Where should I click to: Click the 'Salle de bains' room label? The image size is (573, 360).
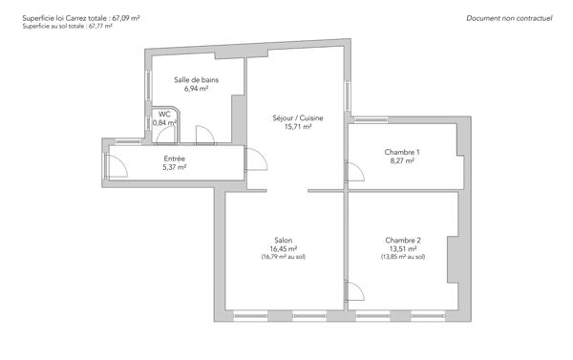[x=196, y=80]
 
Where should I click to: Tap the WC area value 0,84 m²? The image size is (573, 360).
[x=165, y=123]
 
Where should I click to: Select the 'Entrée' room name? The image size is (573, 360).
[x=174, y=159]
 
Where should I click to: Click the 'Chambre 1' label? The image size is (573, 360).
[x=402, y=152]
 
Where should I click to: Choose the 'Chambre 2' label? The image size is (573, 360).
[x=402, y=240]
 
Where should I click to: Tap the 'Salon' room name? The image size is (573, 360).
[x=284, y=240]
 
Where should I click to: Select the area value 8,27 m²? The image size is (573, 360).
[x=402, y=160]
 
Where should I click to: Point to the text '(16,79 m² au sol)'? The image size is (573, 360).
[x=284, y=257]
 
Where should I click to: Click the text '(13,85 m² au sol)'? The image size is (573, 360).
[x=402, y=257]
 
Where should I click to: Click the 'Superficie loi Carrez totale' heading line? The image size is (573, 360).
[x=74, y=18]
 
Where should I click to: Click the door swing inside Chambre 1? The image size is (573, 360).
[x=353, y=172]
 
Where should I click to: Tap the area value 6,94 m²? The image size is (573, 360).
[x=196, y=89]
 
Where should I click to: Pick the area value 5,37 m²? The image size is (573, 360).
[x=174, y=167]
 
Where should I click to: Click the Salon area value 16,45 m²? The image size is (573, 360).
[x=284, y=248]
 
